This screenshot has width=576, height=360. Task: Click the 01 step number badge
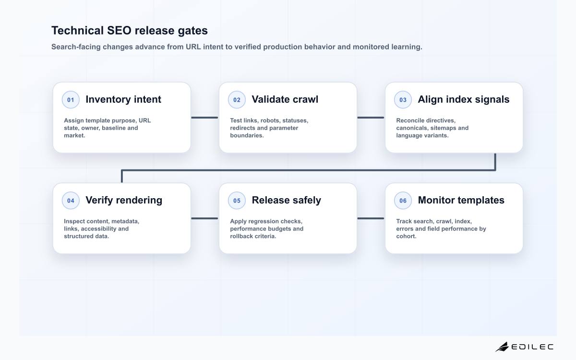pyautogui.click(x=71, y=100)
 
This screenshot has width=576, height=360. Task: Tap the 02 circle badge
pyautogui.click(x=237, y=100)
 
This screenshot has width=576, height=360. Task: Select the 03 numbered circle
pyautogui.click(x=403, y=100)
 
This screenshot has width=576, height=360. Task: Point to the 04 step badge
pyautogui.click(x=71, y=201)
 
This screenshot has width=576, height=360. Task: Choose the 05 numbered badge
pyautogui.click(x=237, y=201)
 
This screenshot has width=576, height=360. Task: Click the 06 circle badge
pyautogui.click(x=403, y=201)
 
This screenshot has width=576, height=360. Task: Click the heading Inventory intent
pyautogui.click(x=123, y=99)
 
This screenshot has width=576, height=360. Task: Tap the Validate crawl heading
pyautogui.click(x=285, y=99)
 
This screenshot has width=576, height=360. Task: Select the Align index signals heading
pyautogui.click(x=463, y=99)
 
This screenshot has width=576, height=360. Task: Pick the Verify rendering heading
pyautogui.click(x=124, y=200)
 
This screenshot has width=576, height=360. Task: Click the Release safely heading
pyautogui.click(x=287, y=200)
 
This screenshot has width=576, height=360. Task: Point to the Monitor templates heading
pyautogui.click(x=461, y=200)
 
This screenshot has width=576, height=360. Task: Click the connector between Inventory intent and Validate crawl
pyautogui.click(x=204, y=118)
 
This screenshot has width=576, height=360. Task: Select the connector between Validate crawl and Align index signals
pyautogui.click(x=371, y=118)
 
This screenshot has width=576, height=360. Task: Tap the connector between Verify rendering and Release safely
pyautogui.click(x=204, y=218)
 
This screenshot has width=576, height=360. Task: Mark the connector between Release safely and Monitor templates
pyautogui.click(x=371, y=218)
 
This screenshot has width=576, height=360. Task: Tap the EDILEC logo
pyautogui.click(x=525, y=347)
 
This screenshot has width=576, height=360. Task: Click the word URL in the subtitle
pyautogui.click(x=193, y=47)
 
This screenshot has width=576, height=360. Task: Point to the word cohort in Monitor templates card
pyautogui.click(x=406, y=236)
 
